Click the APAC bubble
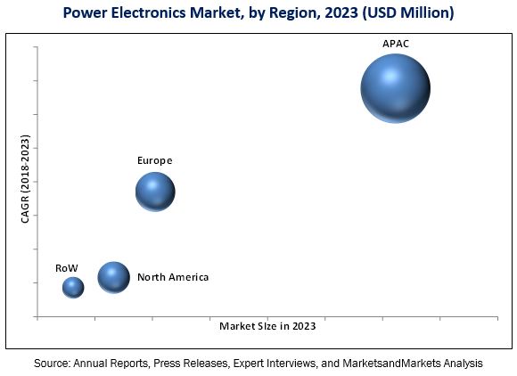(395, 88)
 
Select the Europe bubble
(155, 192)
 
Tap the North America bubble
(113, 277)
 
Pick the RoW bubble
(73, 287)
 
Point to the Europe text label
(154, 160)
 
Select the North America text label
(173, 277)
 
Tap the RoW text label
(67, 267)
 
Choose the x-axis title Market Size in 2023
(267, 326)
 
